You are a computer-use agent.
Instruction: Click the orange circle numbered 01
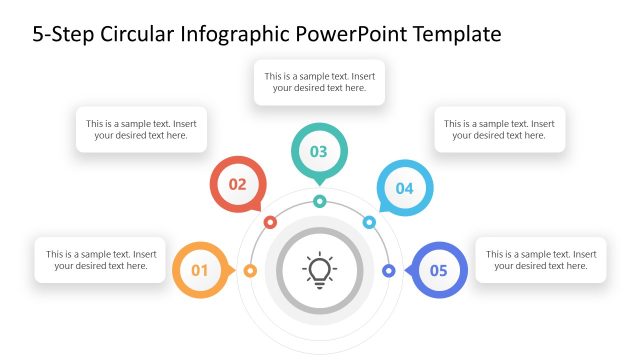tap(199, 270)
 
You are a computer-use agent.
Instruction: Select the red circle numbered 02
tap(237, 184)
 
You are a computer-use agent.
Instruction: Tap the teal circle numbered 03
tap(319, 152)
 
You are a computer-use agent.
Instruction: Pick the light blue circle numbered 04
tap(404, 188)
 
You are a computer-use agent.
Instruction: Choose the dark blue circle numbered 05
tap(439, 270)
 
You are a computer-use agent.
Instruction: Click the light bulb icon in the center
tap(319, 270)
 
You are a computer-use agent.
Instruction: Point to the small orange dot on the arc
tap(250, 270)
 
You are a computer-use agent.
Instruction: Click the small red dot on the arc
tap(270, 222)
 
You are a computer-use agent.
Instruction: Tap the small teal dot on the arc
tap(319, 201)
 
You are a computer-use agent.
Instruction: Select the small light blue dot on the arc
tap(369, 222)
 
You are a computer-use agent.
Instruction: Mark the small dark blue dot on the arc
tap(389, 270)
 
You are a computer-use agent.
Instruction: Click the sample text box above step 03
tap(320, 82)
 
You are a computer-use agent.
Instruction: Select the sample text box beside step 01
tap(100, 260)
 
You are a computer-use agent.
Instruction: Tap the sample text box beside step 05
tap(541, 260)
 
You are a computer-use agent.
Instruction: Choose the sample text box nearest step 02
tap(141, 130)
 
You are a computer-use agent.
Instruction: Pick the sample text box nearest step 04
tap(500, 130)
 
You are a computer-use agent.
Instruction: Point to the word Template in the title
tap(449, 35)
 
